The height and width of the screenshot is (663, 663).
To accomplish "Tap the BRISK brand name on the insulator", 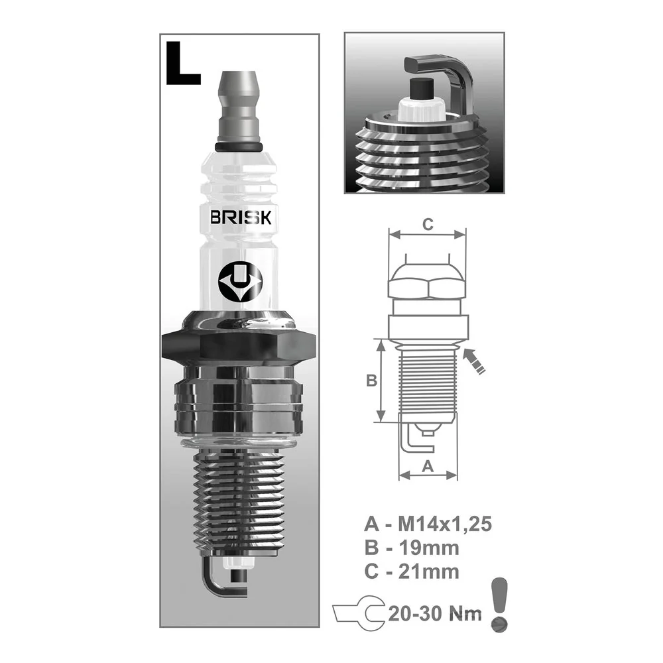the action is point(241,217).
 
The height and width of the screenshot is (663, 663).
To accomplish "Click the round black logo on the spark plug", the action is point(240,282).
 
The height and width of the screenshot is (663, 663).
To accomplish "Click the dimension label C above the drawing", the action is point(428,224).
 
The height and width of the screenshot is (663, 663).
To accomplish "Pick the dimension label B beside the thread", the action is point(371,381).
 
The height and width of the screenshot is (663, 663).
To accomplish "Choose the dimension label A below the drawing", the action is point(428,466).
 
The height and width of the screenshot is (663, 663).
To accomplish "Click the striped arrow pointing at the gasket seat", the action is point(474,361).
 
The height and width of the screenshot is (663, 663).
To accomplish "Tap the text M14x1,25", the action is point(445,524).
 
